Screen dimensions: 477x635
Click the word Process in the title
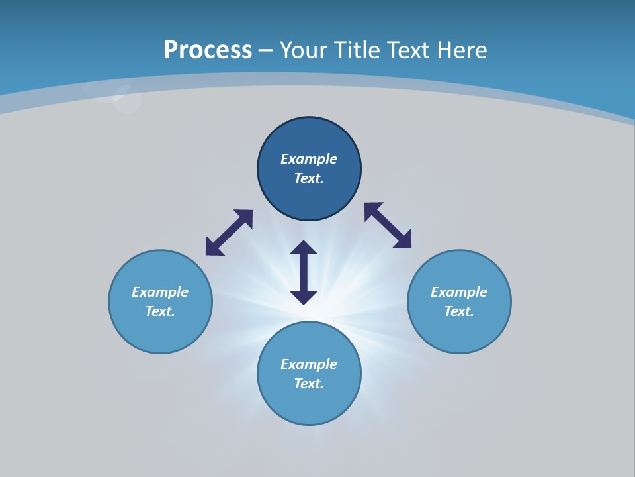208,50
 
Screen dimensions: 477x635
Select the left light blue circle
160,331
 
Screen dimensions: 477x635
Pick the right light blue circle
459,331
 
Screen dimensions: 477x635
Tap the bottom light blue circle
309,404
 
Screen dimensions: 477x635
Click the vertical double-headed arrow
304,272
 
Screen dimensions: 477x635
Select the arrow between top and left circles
229,233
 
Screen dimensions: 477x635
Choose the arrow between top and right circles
388,225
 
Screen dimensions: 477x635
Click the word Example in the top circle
309,159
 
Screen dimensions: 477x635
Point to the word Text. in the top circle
309,178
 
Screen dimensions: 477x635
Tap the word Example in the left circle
160,292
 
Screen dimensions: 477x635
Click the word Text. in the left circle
160,311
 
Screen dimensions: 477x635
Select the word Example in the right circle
459,292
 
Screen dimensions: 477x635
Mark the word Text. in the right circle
459,311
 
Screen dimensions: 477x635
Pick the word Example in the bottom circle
309,364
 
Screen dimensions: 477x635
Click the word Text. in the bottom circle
309,384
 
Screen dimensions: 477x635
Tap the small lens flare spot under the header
126,99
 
